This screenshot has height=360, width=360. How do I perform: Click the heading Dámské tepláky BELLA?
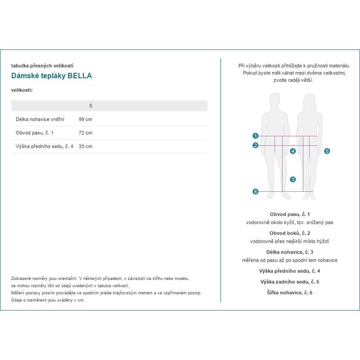coord(52,76)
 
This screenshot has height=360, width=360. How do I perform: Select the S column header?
coord(90,105)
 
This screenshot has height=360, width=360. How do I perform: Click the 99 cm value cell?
coord(85,119)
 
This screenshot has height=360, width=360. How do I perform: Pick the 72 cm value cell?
coord(85,133)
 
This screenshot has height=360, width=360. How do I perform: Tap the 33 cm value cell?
coord(85,146)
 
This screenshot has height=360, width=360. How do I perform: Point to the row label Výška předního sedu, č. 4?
coord(45,146)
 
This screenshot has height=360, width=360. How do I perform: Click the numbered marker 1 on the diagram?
coord(256,136)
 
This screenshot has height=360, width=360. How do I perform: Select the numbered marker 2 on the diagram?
coord(256,145)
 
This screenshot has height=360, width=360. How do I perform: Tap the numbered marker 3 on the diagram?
coord(293,179)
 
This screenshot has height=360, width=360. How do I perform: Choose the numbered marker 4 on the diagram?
coord(293,152)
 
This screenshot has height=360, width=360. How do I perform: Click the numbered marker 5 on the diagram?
coord(327,152)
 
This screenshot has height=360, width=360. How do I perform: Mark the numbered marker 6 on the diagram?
coord(256,192)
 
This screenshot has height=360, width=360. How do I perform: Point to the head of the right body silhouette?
coord(308,100)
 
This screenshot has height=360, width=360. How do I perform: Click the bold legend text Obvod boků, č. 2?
coord(290,233)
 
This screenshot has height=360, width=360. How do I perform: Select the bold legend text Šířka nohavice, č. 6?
coord(290,292)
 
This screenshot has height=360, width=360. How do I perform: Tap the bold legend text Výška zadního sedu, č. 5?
coord(290,282)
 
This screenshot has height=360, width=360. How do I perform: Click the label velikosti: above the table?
coord(22,90)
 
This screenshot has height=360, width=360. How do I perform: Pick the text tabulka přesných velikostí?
coord(42,66)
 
